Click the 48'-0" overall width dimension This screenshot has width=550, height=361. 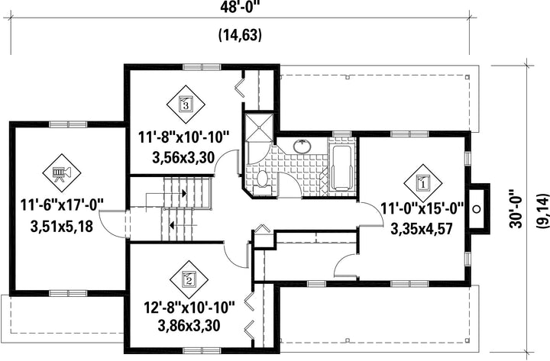pos(241,8)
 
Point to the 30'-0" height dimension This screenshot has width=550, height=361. pos(516,209)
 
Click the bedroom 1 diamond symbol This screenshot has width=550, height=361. pos(423,183)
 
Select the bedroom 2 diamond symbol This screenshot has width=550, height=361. pos(189,279)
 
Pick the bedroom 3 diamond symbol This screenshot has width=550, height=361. pos(186,104)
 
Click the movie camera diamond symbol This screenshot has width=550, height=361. pos(62,172)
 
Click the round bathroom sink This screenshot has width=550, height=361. pos(302,147)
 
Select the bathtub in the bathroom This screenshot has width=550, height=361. pos(341,168)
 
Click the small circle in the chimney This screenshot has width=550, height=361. pos(477,209)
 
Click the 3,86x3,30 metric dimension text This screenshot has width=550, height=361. pos(189,326)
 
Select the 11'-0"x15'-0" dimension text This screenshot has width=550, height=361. pos(422,209)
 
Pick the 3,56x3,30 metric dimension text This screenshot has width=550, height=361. pos(183,158)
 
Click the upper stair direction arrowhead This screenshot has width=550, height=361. pos(184,193)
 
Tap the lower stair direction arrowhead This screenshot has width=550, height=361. pos(172,224)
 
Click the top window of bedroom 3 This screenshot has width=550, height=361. pos(202,66)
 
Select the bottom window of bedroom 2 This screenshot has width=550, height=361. pos(202,350)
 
